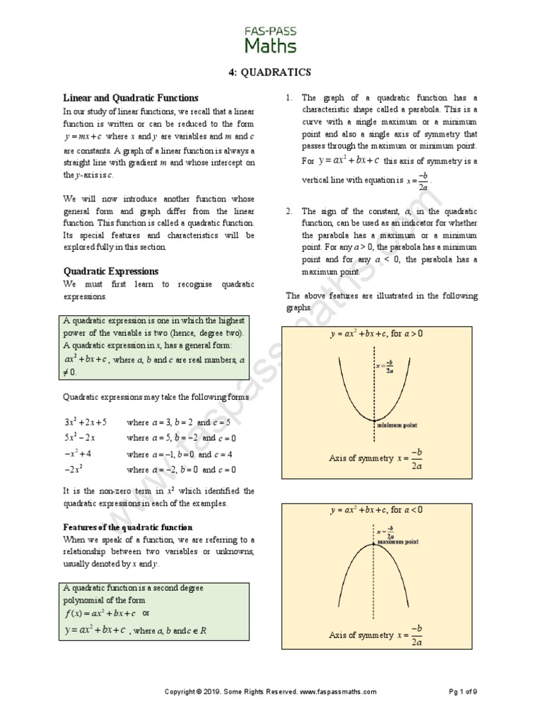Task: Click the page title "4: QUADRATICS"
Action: coord(270,73)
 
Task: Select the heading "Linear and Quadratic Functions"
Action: coord(131,98)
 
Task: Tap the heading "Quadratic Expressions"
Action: coord(111,271)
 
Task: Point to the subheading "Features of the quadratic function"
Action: coord(128,527)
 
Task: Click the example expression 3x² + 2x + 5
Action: coord(85,422)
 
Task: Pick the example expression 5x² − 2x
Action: coord(80,437)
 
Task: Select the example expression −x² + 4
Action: coord(77,453)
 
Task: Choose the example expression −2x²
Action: coord(75,470)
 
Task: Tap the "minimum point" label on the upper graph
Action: coord(397,425)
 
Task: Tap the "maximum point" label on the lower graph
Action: coord(397,542)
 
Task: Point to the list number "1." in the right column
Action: coord(290,98)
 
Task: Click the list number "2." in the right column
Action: coord(290,211)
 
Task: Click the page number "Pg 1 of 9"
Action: coord(463,692)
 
